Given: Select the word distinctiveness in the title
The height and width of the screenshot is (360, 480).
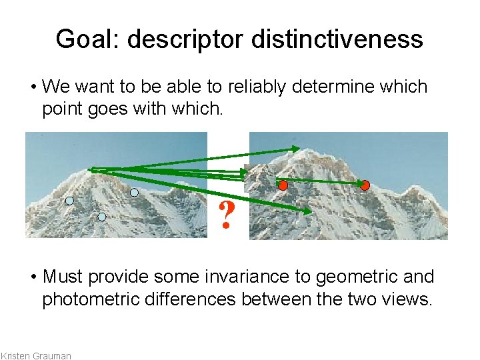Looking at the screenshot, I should pyautogui.click(x=337, y=39).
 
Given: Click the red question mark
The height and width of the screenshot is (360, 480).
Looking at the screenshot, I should pyautogui.click(x=227, y=215).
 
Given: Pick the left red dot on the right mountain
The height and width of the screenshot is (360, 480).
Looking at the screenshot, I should pyautogui.click(x=283, y=185).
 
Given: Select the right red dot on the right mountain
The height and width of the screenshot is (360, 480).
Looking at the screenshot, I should pyautogui.click(x=365, y=185).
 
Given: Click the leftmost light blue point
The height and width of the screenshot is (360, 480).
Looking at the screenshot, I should pyautogui.click(x=69, y=200).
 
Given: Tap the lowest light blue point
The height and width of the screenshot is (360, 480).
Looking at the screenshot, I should pyautogui.click(x=102, y=217).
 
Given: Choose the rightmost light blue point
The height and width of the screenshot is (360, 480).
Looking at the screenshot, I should pyautogui.click(x=134, y=193).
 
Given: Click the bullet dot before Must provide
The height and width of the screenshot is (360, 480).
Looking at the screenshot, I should pyautogui.click(x=33, y=277).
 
